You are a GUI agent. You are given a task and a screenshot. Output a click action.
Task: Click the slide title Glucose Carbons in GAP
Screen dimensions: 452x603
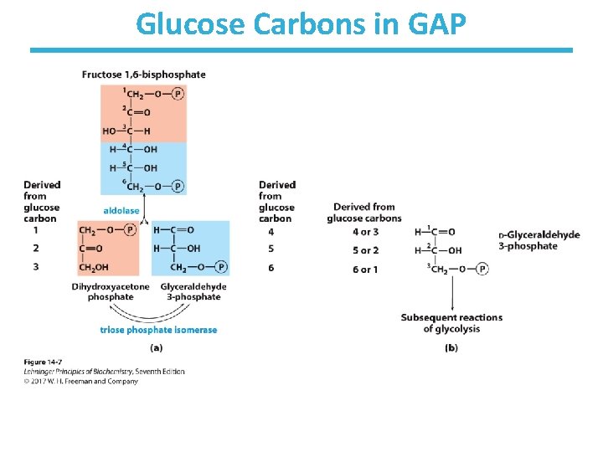click(301, 24)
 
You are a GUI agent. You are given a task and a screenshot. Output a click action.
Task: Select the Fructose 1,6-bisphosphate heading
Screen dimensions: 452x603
click(143, 74)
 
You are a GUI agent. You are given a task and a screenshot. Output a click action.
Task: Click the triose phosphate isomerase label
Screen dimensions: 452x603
click(158, 330)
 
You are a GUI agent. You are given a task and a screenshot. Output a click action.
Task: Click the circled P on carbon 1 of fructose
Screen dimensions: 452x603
click(178, 94)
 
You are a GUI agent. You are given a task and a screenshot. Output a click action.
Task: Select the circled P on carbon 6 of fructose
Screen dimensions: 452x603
click(178, 187)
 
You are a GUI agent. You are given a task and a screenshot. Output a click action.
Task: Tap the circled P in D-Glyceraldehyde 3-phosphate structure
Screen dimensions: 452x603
click(482, 269)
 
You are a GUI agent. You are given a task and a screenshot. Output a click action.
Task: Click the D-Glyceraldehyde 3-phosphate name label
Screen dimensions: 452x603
click(539, 240)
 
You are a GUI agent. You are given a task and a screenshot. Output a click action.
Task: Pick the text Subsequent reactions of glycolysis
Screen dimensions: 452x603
click(451, 323)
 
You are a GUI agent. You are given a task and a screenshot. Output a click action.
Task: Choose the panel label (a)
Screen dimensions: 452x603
click(156, 347)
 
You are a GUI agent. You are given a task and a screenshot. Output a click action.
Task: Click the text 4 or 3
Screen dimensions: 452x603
click(365, 232)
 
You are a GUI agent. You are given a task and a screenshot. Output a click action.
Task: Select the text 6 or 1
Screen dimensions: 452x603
click(365, 270)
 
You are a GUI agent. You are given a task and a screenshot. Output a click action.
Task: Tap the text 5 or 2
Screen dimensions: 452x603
click(365, 250)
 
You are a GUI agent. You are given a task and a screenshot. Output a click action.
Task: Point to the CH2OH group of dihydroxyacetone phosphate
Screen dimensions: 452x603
click(95, 268)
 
